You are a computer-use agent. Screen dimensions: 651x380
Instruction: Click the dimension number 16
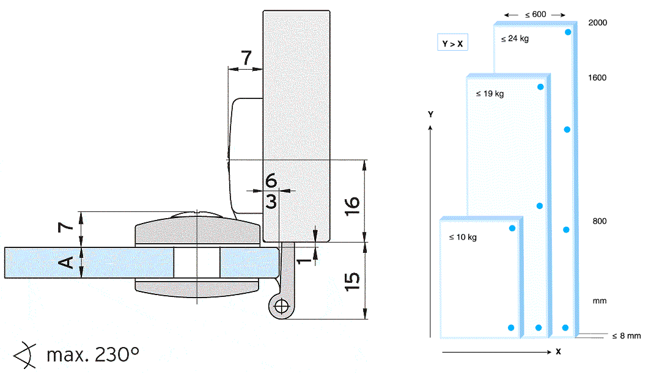(351, 206)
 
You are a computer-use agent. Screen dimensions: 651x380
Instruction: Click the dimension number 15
(351, 282)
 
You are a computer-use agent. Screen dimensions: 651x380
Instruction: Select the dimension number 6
(271, 180)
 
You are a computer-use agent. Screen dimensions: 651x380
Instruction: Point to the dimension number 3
(271, 202)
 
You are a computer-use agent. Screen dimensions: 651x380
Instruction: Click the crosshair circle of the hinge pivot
(282, 307)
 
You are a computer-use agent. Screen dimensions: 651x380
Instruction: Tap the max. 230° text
(93, 355)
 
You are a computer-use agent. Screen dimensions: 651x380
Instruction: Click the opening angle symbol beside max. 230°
(24, 356)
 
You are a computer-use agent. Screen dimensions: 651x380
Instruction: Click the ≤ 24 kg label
(515, 38)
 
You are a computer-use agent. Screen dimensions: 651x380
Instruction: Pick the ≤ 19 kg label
(490, 93)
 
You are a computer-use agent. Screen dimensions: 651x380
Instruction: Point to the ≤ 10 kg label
(463, 237)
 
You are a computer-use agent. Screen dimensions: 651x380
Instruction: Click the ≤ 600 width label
(535, 15)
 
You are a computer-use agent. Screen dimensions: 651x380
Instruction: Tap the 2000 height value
(597, 23)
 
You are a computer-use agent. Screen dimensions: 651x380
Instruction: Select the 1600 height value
(597, 78)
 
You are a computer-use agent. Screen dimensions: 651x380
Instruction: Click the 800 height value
(600, 221)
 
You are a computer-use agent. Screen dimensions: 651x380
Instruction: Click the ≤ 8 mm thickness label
(627, 335)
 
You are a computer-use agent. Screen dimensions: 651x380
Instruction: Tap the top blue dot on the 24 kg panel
(568, 32)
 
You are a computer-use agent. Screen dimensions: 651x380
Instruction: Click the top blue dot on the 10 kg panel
(512, 228)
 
